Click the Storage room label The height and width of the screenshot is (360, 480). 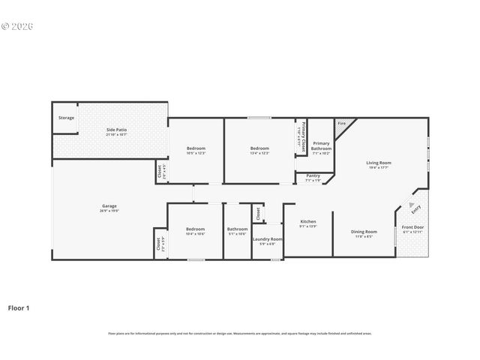pos(66,118)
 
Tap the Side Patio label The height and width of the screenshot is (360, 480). pos(115,130)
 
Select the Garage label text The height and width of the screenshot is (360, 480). pos(109,206)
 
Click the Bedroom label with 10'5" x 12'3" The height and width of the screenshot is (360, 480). pos(196,148)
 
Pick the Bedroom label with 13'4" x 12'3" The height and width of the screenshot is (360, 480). pos(259,148)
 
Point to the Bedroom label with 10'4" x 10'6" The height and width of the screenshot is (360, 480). pos(195,229)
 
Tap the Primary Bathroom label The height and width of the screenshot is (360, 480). pos(321,145)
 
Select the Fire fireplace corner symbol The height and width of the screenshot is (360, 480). pos(342,123)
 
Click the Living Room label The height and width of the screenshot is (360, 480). pos(379,163)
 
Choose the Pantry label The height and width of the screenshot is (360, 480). pos(313,175)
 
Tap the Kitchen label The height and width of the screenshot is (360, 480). pos(308,222)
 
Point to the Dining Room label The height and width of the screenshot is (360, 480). pos(364,232)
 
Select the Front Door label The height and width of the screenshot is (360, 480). pos(412,227)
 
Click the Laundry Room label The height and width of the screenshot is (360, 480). pos(267,239)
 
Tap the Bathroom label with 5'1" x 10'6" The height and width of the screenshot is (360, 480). pos(237,229)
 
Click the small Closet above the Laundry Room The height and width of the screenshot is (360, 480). pos(257,213)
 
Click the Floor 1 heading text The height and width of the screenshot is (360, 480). pos(19,307)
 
